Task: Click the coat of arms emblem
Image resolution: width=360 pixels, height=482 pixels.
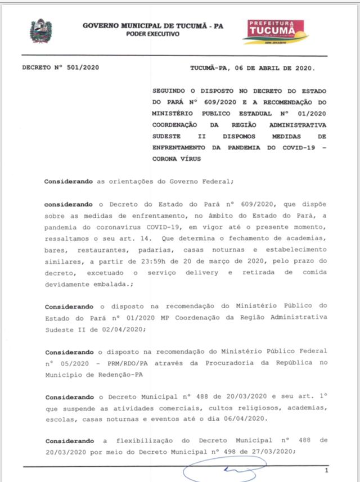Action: coord(40,31)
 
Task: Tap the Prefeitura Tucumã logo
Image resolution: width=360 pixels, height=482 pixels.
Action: coord(276,31)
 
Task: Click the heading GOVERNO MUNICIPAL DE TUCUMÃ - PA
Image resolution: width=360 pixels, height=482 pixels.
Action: coord(153,25)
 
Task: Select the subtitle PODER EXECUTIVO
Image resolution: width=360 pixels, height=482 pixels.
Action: coord(153,34)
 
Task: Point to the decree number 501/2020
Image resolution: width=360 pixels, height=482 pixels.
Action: coord(79,68)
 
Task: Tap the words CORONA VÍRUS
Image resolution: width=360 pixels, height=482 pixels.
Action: coord(177,159)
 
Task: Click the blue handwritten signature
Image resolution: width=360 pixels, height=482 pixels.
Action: coord(225,470)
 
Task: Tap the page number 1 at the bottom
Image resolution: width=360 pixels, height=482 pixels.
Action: coord(326,471)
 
